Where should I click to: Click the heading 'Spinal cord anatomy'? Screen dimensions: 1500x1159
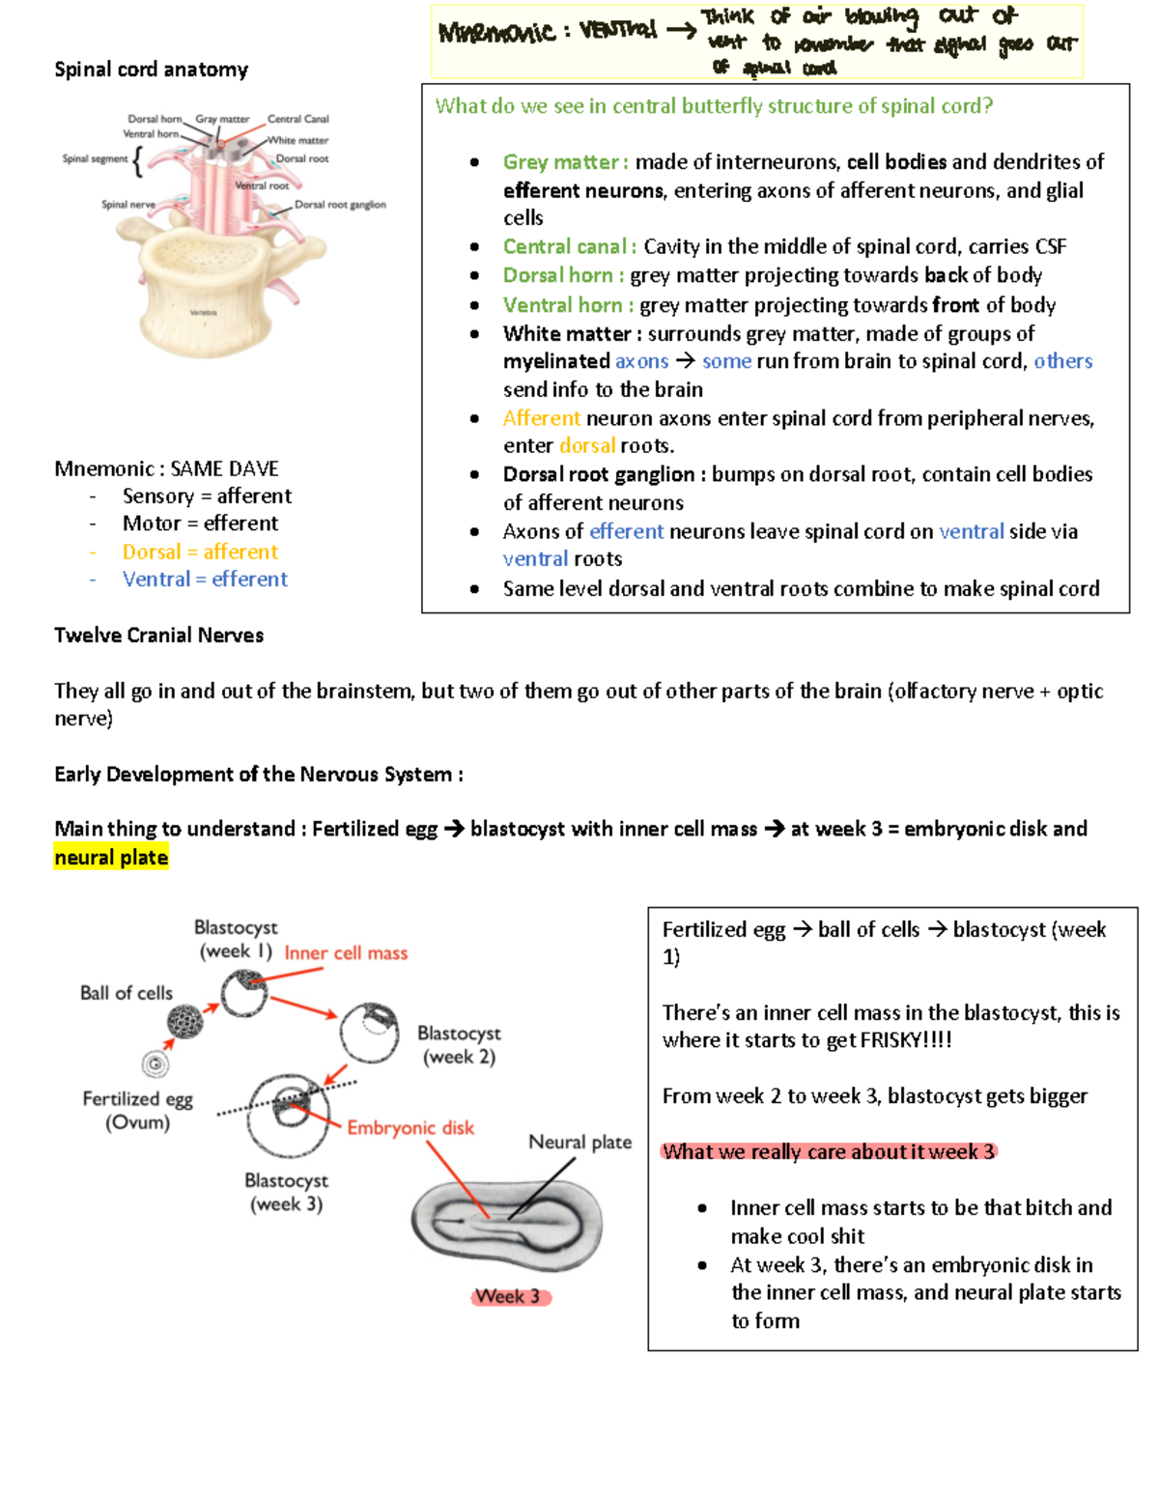point(151,70)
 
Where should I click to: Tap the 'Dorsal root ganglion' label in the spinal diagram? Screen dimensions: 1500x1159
point(340,205)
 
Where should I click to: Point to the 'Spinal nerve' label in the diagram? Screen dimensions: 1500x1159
point(127,205)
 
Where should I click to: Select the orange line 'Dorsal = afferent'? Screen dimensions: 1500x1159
point(200,552)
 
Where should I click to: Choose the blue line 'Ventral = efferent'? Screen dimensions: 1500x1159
point(205,580)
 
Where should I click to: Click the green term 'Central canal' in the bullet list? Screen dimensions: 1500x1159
point(565,247)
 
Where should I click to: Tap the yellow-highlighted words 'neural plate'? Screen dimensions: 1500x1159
point(111,858)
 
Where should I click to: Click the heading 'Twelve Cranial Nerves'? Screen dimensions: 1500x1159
point(158,636)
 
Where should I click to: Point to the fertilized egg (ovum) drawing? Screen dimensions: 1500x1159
point(155,1064)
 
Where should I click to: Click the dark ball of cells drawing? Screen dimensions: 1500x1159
point(184,1021)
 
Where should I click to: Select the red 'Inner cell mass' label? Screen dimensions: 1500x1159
point(346,953)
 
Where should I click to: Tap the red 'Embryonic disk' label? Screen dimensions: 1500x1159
point(410,1128)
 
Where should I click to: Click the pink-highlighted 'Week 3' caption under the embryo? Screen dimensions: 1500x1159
point(508,1296)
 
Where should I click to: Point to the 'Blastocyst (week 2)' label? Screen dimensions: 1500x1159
point(459,1045)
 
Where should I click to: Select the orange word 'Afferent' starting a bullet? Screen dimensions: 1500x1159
point(541,418)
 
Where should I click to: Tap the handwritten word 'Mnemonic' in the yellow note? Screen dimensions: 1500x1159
point(496,32)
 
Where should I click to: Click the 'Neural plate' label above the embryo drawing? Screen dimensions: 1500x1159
point(579,1143)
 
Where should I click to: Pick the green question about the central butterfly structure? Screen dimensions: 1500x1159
point(714,106)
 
